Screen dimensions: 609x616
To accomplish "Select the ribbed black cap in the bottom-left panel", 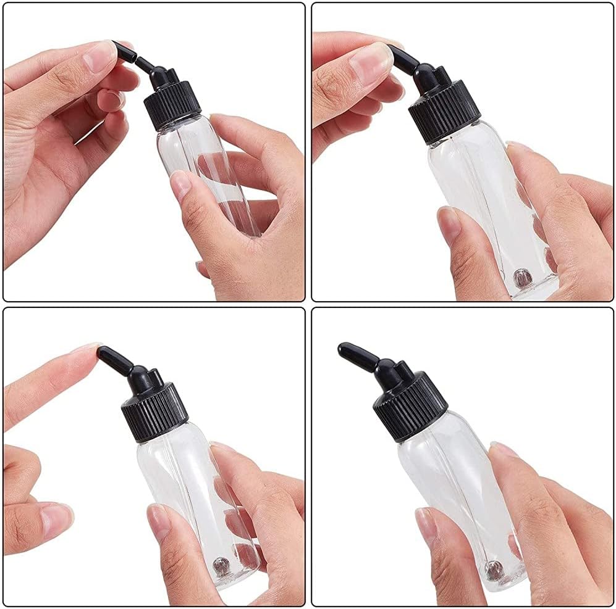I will tap(155, 410).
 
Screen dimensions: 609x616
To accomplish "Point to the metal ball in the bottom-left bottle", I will tap(220, 563).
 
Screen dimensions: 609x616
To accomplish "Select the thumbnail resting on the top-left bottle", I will tap(180, 184).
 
